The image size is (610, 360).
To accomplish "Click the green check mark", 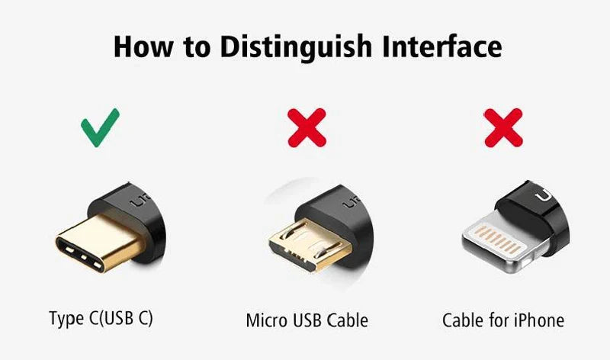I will point(100,127).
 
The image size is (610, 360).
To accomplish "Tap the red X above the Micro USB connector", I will point(307,127).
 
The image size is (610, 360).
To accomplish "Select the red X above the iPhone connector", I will point(503,127).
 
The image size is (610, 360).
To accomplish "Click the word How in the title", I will point(143,46).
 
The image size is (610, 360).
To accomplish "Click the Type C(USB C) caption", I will point(101,318).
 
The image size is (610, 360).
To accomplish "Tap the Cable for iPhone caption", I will point(503,320).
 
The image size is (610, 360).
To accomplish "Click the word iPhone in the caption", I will point(538,320).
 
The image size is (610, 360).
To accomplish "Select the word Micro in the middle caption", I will point(267,320).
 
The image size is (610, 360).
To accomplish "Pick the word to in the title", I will point(197,47).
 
